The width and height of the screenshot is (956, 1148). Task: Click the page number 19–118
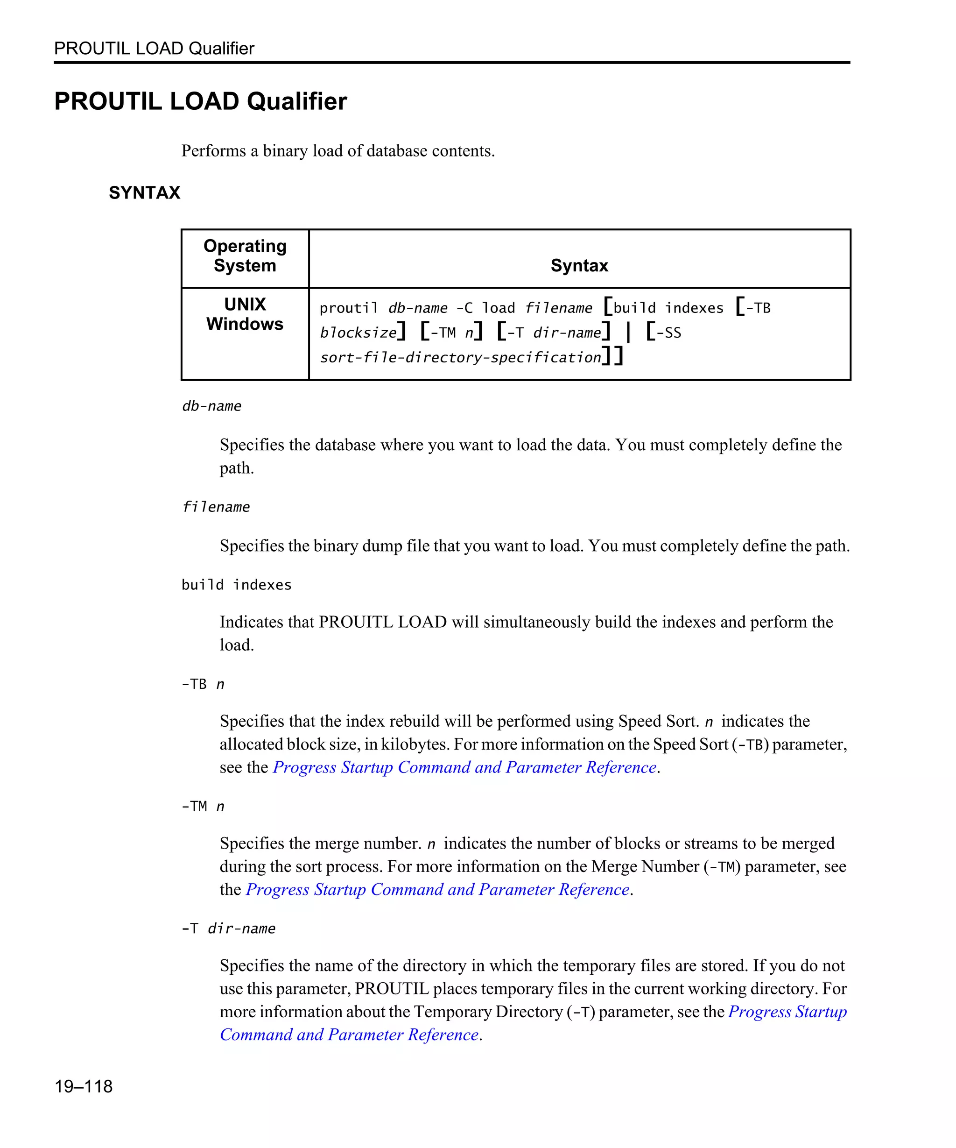(x=83, y=1086)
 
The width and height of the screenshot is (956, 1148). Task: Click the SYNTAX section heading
(x=144, y=192)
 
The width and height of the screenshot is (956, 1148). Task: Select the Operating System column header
(x=245, y=255)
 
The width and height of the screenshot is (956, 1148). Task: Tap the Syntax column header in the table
(x=579, y=265)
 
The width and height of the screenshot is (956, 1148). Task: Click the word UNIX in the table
(x=245, y=304)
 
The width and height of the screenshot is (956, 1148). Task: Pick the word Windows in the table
(x=245, y=324)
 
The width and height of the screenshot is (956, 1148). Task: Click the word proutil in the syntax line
(x=349, y=308)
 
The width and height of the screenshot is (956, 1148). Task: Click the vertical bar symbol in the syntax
(x=628, y=333)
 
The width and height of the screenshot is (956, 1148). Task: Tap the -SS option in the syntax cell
(x=669, y=333)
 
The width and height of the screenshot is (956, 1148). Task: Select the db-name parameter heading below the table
(x=211, y=406)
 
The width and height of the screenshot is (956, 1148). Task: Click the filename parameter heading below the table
(x=216, y=507)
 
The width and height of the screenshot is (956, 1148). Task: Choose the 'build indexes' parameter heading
(x=236, y=585)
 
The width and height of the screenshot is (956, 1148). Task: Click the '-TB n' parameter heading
(x=203, y=684)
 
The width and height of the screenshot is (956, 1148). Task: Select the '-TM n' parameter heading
(x=203, y=806)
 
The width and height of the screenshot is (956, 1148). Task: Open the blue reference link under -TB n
(x=464, y=767)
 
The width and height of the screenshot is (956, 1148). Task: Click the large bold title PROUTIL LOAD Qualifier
(x=200, y=101)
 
